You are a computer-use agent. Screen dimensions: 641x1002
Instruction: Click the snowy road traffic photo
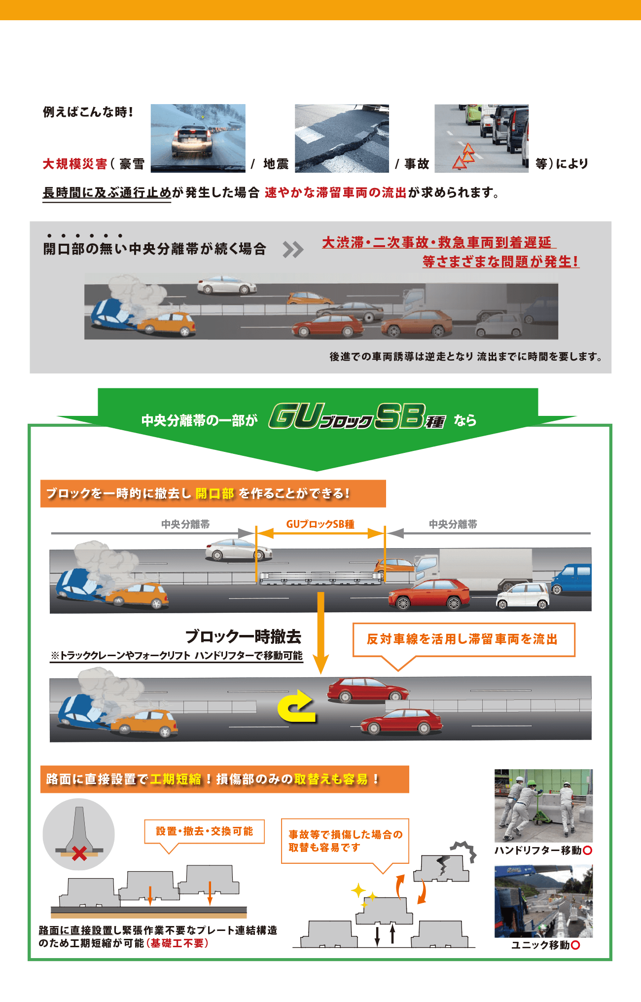point(198,138)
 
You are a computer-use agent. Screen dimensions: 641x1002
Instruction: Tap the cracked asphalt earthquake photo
point(342,138)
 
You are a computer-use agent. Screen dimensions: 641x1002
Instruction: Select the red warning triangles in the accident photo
point(464,156)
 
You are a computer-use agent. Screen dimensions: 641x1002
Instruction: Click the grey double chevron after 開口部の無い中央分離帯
point(293,250)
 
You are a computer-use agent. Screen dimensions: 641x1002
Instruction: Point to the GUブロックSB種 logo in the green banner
point(357,416)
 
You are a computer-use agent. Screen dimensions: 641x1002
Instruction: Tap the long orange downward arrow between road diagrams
point(320,633)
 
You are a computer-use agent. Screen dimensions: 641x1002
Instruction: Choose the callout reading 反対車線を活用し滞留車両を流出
point(464,639)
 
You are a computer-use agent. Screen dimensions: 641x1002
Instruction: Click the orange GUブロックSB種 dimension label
point(320,524)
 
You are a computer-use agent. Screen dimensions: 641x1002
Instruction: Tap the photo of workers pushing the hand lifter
point(543,805)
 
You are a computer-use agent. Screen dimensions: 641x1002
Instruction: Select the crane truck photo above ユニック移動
point(543,901)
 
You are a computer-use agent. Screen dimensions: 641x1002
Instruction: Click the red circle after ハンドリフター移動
point(587,850)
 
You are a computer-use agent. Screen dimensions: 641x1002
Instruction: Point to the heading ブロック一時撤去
point(243,636)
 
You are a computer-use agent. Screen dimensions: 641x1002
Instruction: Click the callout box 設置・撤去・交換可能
point(205,831)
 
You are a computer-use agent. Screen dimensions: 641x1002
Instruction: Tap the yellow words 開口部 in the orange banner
point(215,493)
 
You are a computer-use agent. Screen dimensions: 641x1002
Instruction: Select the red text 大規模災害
point(75,164)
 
